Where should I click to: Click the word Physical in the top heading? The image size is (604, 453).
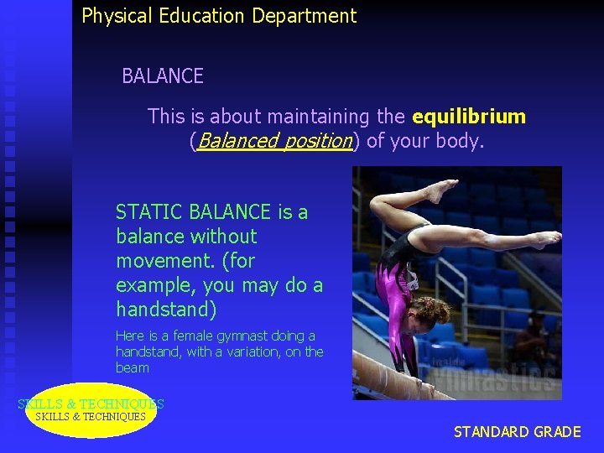(x=115, y=16)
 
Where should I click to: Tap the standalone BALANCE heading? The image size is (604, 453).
(x=163, y=76)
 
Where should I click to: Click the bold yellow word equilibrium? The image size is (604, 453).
(x=469, y=117)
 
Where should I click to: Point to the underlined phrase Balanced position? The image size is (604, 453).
(x=273, y=141)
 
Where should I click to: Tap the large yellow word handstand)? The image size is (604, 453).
(x=166, y=310)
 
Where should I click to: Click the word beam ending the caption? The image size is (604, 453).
(x=133, y=367)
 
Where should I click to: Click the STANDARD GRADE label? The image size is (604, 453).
(x=517, y=432)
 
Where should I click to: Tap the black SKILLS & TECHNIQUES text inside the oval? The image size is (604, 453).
(x=91, y=417)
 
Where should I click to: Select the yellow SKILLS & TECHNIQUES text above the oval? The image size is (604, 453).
(x=91, y=404)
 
